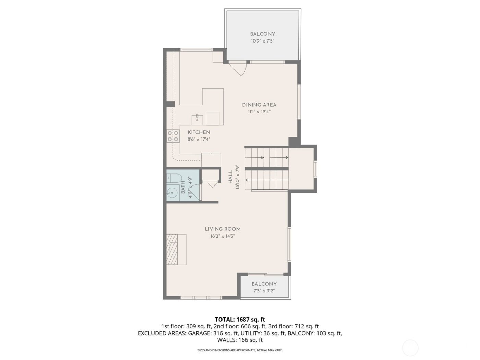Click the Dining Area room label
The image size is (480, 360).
click(259, 105)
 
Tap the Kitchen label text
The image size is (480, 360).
click(199, 132)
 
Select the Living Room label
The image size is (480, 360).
click(223, 229)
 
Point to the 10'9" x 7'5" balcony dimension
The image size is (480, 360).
click(262, 41)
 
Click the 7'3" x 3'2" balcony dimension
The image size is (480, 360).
click(264, 291)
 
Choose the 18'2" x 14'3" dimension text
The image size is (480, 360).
click(223, 236)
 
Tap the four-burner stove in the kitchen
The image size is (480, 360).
click(173, 136)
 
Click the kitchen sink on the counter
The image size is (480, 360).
click(197, 120)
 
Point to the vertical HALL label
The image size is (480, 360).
click(231, 177)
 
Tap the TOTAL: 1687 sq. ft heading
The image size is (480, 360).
click(240, 320)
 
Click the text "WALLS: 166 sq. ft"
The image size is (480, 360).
click(240, 340)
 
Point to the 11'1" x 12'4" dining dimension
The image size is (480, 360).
click(259, 112)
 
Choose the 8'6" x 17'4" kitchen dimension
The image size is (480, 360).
click(199, 139)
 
